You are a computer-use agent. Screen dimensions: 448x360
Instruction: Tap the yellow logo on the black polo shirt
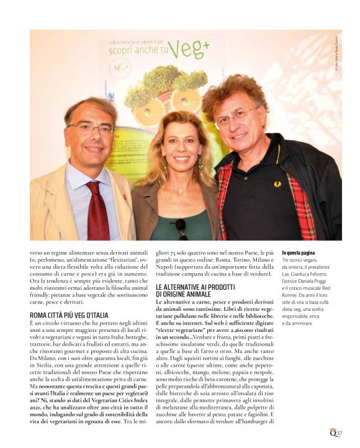tap(277, 184)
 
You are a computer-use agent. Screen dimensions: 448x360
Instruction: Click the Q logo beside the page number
tap(333, 431)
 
